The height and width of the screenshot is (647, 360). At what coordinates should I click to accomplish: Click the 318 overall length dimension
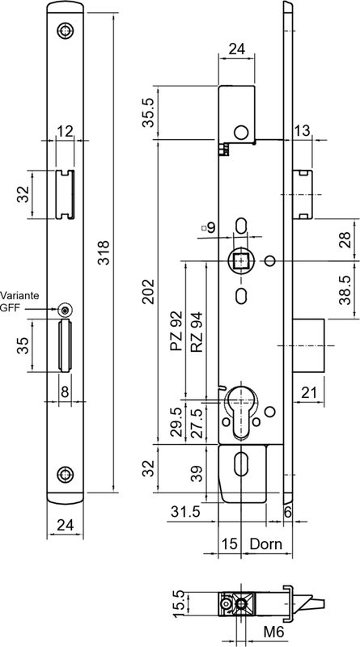coord(104,252)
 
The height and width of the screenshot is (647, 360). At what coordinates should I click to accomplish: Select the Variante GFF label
coord(19,302)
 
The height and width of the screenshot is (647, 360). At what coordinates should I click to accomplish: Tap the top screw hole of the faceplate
coord(66,31)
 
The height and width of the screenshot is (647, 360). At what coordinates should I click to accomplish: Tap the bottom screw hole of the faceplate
coord(66,475)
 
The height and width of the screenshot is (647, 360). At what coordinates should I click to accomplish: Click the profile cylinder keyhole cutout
coord(241,412)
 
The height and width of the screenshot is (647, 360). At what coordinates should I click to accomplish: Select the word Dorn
coord(266,543)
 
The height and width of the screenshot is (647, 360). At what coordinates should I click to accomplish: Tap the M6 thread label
coord(273,632)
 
